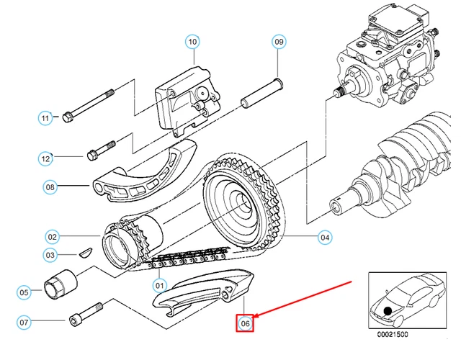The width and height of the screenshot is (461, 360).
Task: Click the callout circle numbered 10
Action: (x=192, y=42)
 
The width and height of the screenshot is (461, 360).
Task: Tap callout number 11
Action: (x=45, y=117)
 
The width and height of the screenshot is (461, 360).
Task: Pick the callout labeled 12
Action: (x=45, y=157)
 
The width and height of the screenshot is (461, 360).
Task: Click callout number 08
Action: (x=50, y=188)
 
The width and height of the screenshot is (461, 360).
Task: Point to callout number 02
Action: (x=52, y=235)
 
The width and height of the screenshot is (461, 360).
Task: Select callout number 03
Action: (x=50, y=254)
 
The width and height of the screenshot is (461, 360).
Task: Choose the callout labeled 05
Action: (x=24, y=292)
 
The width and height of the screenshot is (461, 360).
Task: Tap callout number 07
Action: (x=24, y=321)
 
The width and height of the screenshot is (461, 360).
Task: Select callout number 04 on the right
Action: (x=325, y=236)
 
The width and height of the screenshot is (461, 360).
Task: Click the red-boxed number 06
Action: (x=246, y=324)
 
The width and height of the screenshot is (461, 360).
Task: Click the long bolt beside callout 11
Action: (x=90, y=105)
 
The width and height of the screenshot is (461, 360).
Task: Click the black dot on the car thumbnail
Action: (x=389, y=310)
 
